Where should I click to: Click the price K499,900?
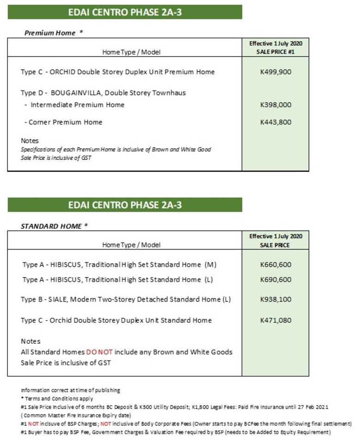pyautogui.click(x=276, y=72)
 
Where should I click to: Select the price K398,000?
pyautogui.click(x=276, y=105)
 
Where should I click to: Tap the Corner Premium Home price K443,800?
pyautogui.click(x=276, y=122)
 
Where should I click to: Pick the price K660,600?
pyautogui.click(x=276, y=265)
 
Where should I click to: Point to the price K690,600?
pyautogui.click(x=276, y=279)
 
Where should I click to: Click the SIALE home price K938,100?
pyautogui.click(x=276, y=299)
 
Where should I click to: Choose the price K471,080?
pyautogui.click(x=276, y=320)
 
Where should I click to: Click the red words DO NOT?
pyautogui.click(x=99, y=352)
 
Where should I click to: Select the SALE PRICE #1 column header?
pyautogui.click(x=276, y=52)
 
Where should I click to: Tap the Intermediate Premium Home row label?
pyautogui.click(x=77, y=105)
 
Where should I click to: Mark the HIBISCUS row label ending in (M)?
pyautogui.click(x=119, y=265)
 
